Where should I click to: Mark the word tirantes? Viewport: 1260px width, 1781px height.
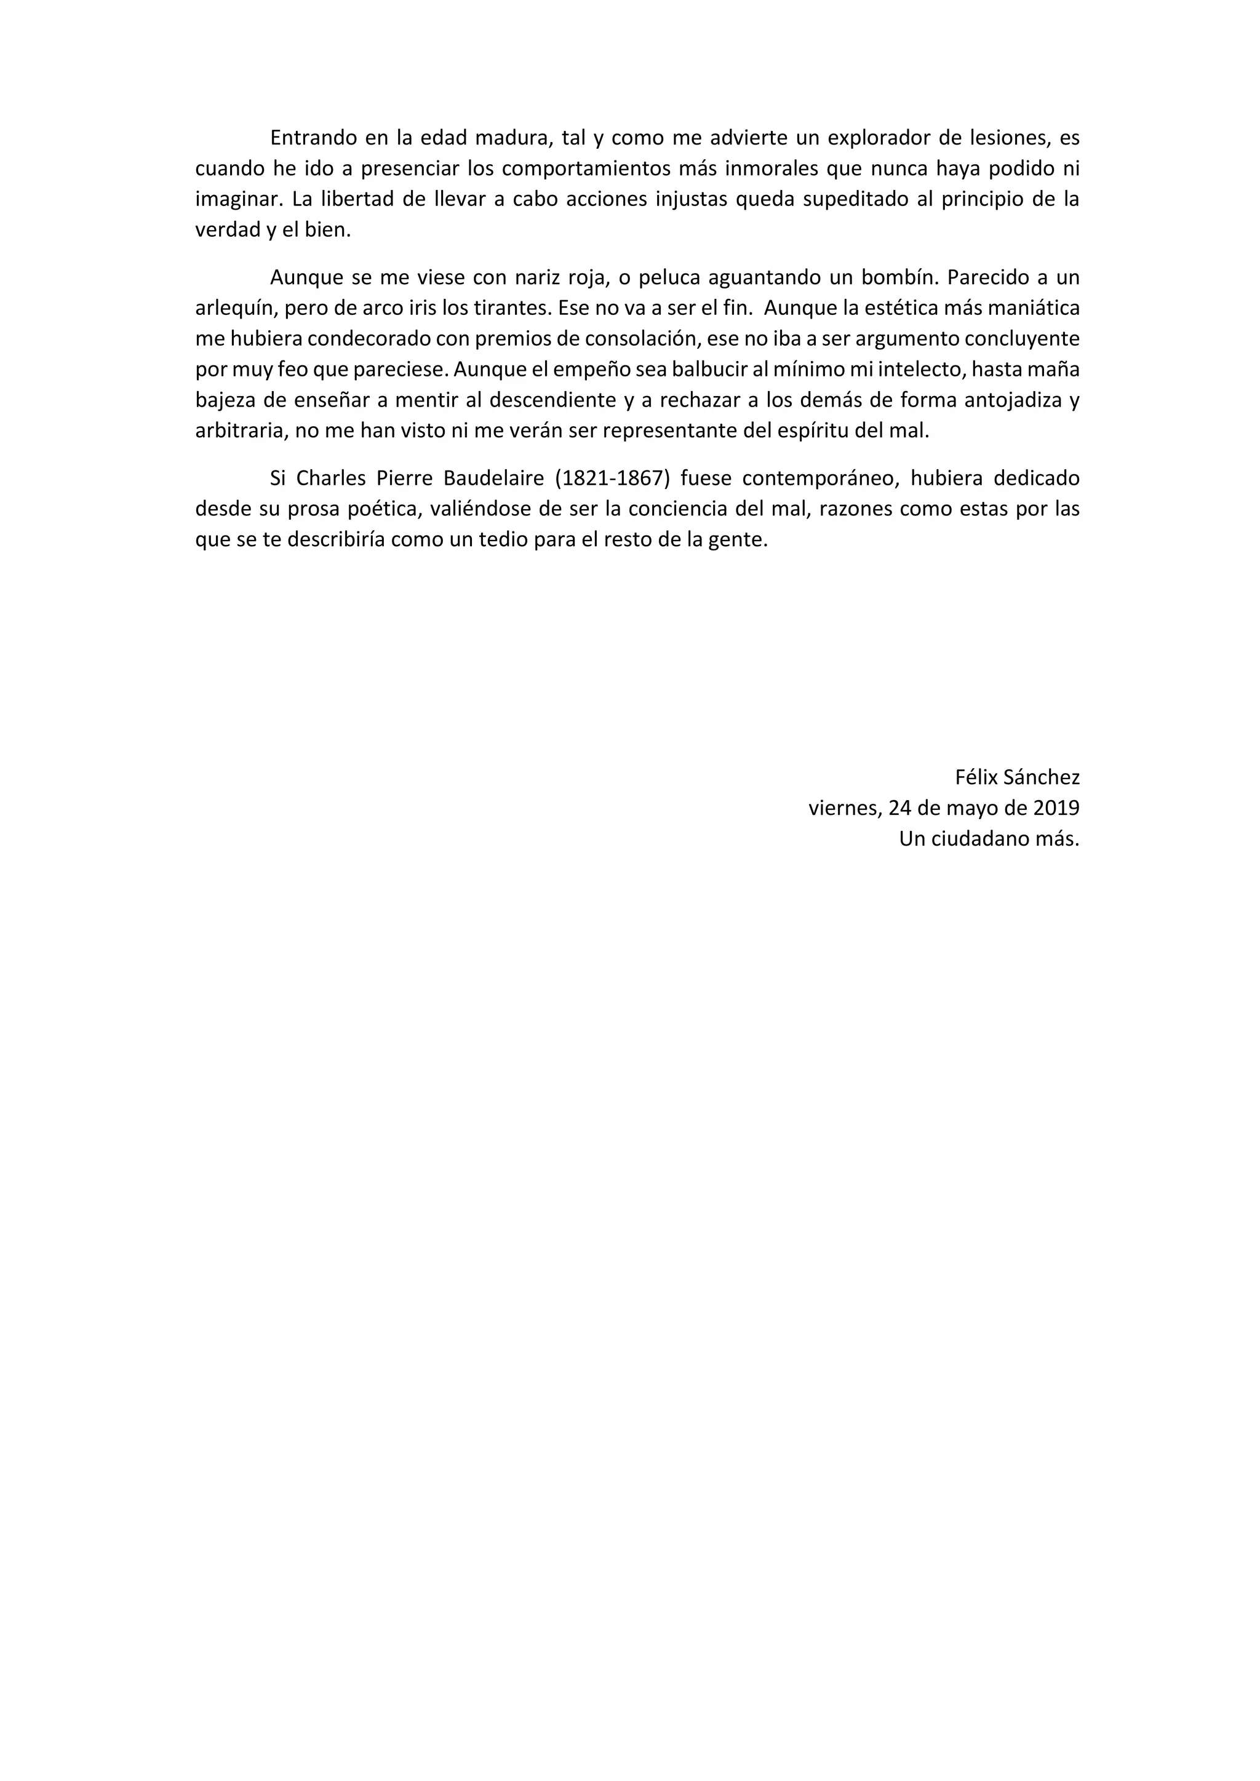click(x=512, y=309)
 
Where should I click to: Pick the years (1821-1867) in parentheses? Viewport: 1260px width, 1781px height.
click(x=613, y=478)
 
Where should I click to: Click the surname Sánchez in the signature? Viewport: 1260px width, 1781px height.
click(x=1041, y=777)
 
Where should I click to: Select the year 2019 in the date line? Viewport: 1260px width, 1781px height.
click(x=1057, y=808)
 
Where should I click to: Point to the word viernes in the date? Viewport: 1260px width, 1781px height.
click(x=843, y=808)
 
